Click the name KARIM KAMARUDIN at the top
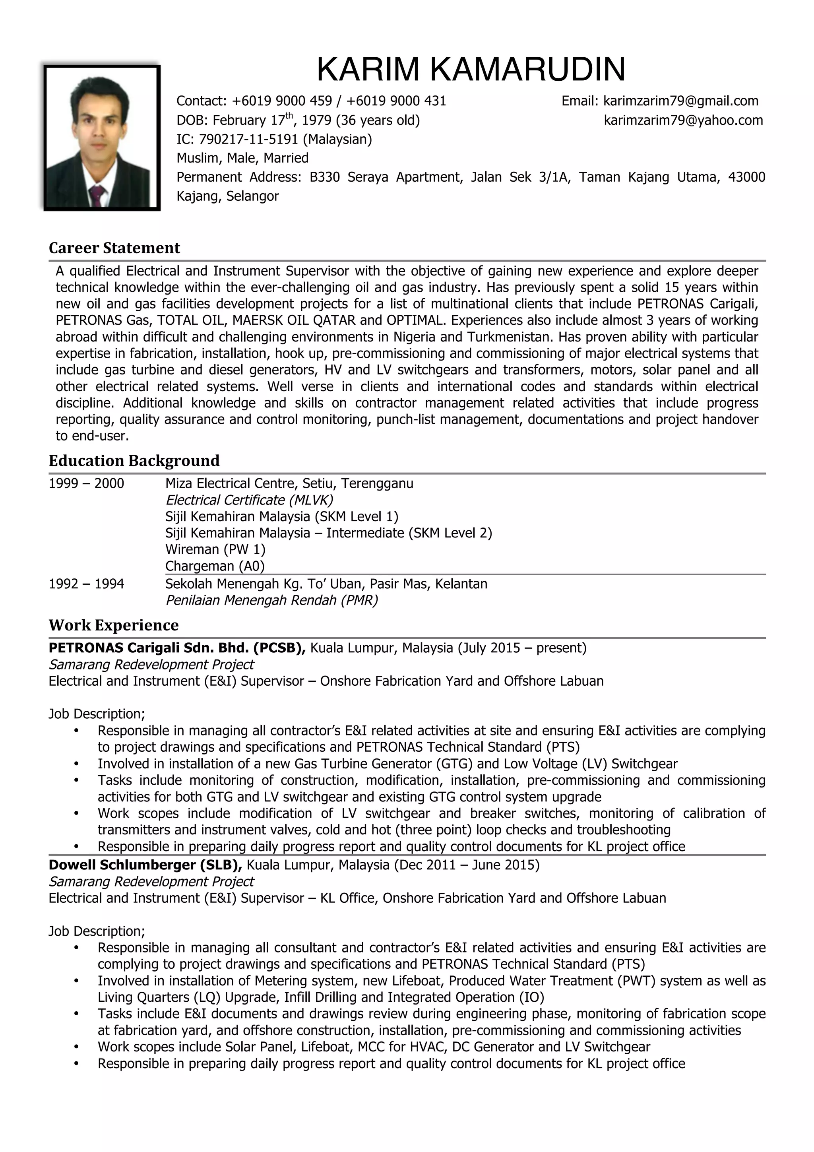click(x=471, y=69)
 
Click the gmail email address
click(x=680, y=101)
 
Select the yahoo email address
click(x=683, y=120)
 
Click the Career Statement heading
click(x=114, y=248)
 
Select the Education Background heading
click(x=134, y=461)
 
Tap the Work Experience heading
click(x=113, y=625)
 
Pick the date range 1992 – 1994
click(x=86, y=584)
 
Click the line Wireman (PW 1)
click(x=215, y=549)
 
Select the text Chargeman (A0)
click(x=215, y=566)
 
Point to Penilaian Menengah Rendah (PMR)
click(x=271, y=601)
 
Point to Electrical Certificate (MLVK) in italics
click(x=249, y=500)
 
